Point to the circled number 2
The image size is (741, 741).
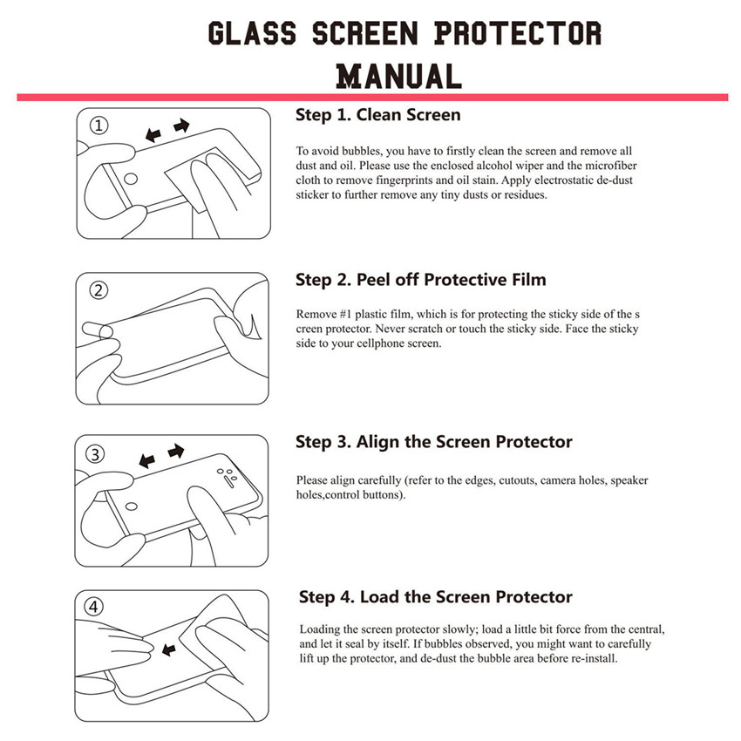(99, 290)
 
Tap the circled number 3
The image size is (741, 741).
(97, 454)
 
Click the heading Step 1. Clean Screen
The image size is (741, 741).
(377, 115)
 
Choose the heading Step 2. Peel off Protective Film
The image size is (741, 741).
(420, 280)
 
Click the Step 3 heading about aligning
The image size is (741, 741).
(433, 442)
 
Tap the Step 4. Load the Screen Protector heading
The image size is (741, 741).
(435, 597)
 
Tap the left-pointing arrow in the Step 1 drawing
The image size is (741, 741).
(153, 135)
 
